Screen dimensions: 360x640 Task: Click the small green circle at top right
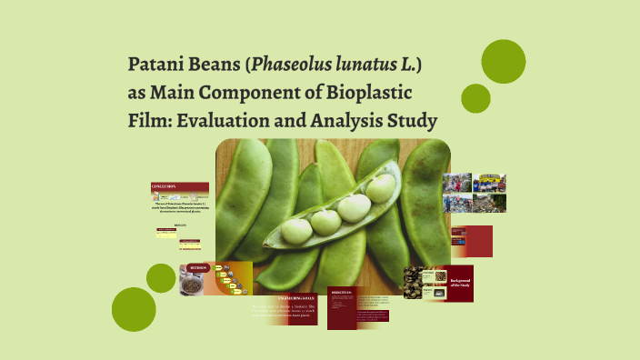click(x=475, y=98)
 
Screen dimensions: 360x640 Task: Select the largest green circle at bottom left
click(x=134, y=309)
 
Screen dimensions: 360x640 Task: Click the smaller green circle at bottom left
click(x=161, y=278)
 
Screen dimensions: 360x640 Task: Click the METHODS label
click(x=199, y=268)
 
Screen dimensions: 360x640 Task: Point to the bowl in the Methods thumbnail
click(x=193, y=285)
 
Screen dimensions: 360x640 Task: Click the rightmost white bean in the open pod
click(x=379, y=187)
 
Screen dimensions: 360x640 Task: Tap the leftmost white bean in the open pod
click(x=296, y=230)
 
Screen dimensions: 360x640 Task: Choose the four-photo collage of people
click(x=475, y=193)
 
